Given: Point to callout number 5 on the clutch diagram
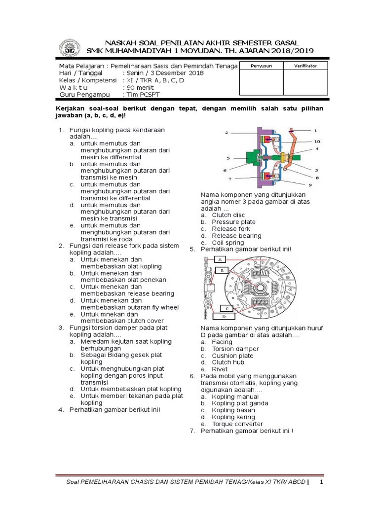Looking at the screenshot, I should tap(228, 158).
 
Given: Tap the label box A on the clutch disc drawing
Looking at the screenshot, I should tap(220, 259).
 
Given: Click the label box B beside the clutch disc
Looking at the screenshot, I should tap(223, 271).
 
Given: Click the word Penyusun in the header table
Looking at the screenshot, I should tap(262, 66).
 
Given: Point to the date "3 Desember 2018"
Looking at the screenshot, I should tap(165, 73).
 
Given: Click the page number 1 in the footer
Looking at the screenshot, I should tap(321, 482).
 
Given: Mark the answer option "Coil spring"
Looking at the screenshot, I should tap(227, 243).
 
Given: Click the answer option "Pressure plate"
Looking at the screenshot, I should tap(233, 222).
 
